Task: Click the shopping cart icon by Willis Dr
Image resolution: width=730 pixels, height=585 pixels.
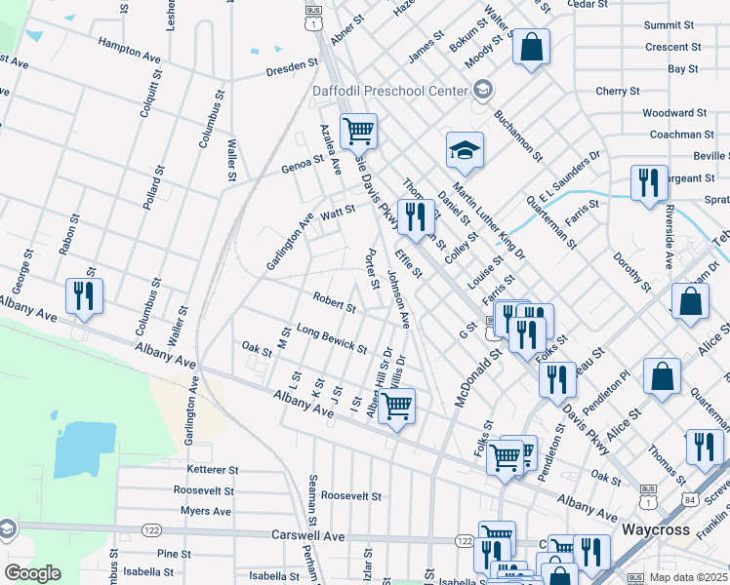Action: pyautogui.click(x=396, y=406)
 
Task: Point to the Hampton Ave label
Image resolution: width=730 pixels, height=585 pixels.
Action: pyautogui.click(x=129, y=51)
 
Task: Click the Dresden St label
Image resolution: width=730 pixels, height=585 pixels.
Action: pyautogui.click(x=293, y=70)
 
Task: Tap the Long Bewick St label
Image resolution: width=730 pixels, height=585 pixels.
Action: pyautogui.click(x=331, y=339)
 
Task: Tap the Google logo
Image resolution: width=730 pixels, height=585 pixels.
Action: pyautogui.click(x=33, y=573)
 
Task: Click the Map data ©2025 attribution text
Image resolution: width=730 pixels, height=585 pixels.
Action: pyautogui.click(x=688, y=577)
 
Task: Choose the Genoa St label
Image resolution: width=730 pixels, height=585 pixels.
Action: pyautogui.click(x=304, y=161)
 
